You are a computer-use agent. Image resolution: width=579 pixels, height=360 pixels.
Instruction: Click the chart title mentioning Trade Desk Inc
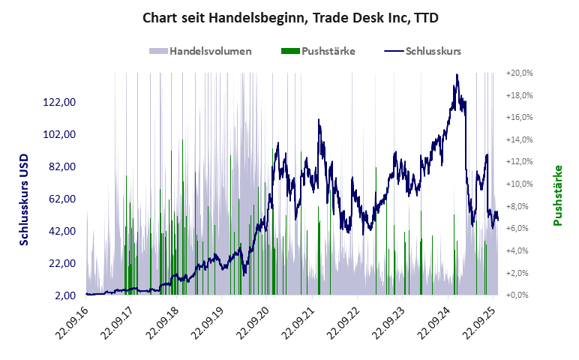tap(289, 17)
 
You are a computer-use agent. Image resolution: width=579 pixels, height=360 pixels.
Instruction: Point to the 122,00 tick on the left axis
tap(63, 102)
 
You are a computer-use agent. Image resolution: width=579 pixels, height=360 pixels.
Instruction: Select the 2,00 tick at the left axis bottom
tap(68, 295)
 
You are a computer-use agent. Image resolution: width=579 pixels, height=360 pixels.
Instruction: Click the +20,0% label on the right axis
tap(519, 73)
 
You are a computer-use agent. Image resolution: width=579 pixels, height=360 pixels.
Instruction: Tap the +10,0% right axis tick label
tap(519, 184)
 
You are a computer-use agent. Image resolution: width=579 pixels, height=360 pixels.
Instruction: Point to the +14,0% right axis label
tap(519, 140)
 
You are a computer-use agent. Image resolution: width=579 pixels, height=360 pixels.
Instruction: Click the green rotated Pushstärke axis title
tap(558, 195)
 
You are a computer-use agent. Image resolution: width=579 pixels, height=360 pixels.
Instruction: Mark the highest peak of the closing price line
tap(457, 75)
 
